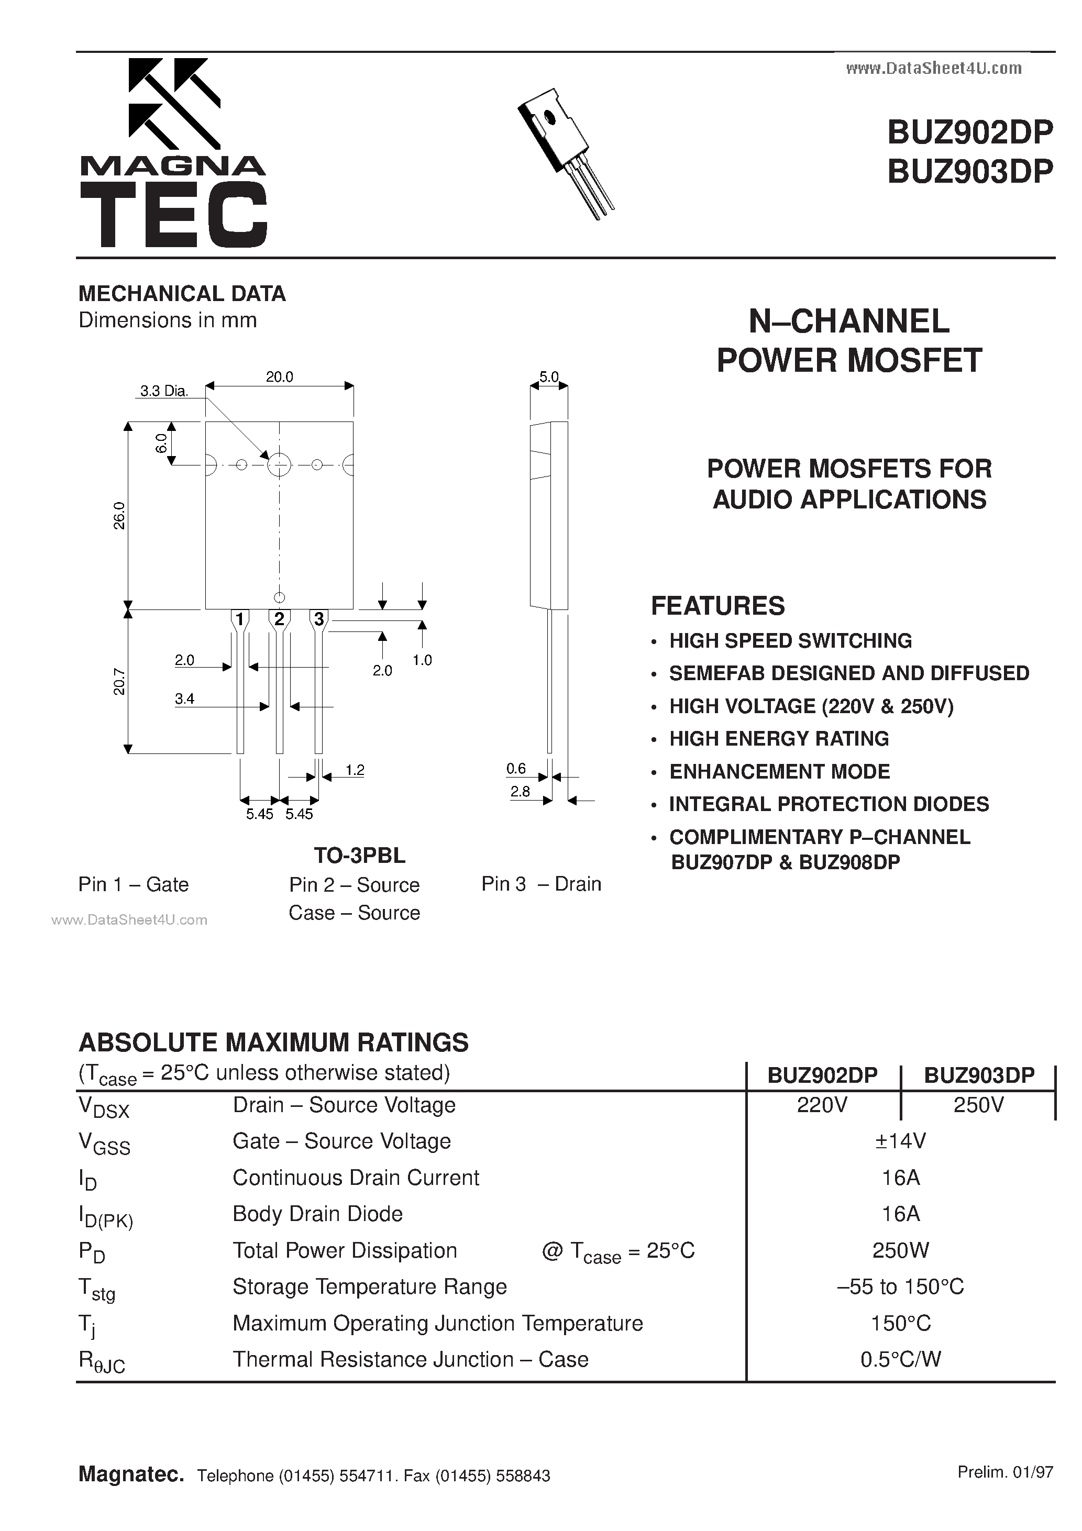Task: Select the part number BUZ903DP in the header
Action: tap(969, 171)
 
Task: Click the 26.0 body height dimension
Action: tap(119, 515)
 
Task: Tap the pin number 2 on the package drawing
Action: tap(279, 619)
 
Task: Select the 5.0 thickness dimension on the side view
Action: tap(548, 377)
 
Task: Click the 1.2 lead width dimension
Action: tap(355, 770)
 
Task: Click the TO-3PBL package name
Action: tap(360, 855)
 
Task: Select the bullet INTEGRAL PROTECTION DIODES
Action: tap(829, 804)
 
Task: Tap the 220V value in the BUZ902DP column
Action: tap(822, 1105)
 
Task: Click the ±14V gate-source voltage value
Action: tap(901, 1141)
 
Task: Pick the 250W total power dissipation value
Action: tap(901, 1250)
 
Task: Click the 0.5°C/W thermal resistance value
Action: tap(901, 1359)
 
